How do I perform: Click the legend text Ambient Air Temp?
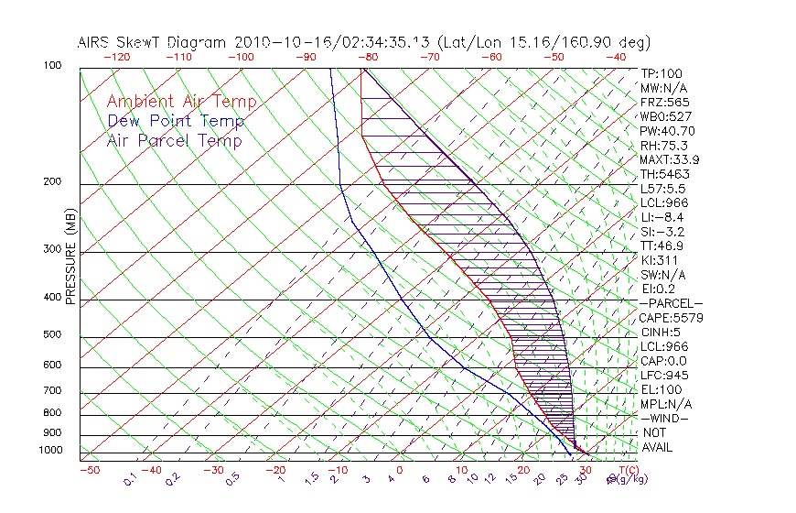pyautogui.click(x=182, y=102)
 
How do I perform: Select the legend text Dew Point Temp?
pyautogui.click(x=176, y=121)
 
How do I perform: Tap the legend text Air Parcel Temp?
pyautogui.click(x=175, y=140)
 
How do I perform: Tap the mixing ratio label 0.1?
pyautogui.click(x=130, y=477)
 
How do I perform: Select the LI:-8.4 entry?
pyautogui.click(x=662, y=217)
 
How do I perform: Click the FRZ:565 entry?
pyautogui.click(x=665, y=102)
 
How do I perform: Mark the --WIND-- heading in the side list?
pyautogui.click(x=665, y=418)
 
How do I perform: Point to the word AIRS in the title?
pyautogui.click(x=96, y=42)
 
